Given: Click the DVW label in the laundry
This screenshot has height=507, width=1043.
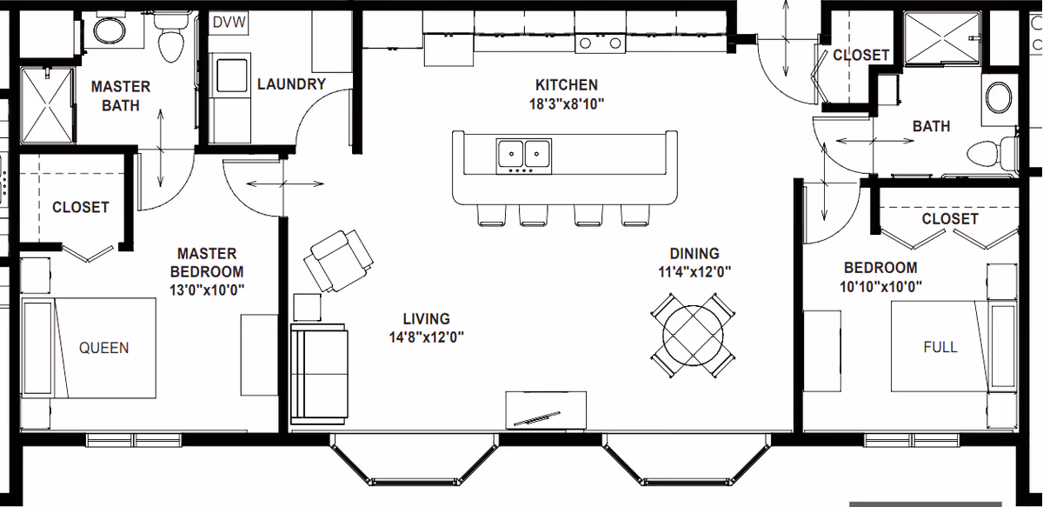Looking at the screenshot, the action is pyautogui.click(x=229, y=22).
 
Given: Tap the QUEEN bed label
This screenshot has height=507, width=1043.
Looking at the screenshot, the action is pyautogui.click(x=103, y=348).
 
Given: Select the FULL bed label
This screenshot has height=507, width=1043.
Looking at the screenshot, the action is pyautogui.click(x=940, y=347).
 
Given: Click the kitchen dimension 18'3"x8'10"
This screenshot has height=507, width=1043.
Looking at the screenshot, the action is pyautogui.click(x=567, y=103).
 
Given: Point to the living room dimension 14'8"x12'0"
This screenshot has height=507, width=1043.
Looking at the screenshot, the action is pyautogui.click(x=427, y=337).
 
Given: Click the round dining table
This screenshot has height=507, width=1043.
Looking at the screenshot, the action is pyautogui.click(x=694, y=335).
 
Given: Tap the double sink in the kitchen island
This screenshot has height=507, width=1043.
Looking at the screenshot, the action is pyautogui.click(x=524, y=154).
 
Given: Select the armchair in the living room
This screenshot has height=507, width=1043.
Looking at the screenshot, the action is pyautogui.click(x=338, y=261).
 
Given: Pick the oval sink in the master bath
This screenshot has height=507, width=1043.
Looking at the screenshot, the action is pyautogui.click(x=110, y=31).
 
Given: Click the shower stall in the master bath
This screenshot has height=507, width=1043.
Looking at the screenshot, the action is pyautogui.click(x=47, y=105).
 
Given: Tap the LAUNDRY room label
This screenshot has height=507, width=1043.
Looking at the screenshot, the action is pyautogui.click(x=291, y=84).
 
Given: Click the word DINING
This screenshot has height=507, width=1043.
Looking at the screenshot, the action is pyautogui.click(x=694, y=254).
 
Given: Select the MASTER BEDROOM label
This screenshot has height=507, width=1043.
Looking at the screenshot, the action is pyautogui.click(x=207, y=263).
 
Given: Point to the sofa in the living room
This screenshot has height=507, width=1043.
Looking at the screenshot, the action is pyautogui.click(x=319, y=374).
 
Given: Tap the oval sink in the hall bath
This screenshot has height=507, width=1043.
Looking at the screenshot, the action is pyautogui.click(x=999, y=97).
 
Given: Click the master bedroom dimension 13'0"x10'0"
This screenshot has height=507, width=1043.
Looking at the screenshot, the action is pyautogui.click(x=207, y=290).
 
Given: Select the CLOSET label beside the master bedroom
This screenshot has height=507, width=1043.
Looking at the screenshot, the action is pyautogui.click(x=81, y=207).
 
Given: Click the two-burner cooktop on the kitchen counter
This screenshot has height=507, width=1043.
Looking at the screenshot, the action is pyautogui.click(x=601, y=43).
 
